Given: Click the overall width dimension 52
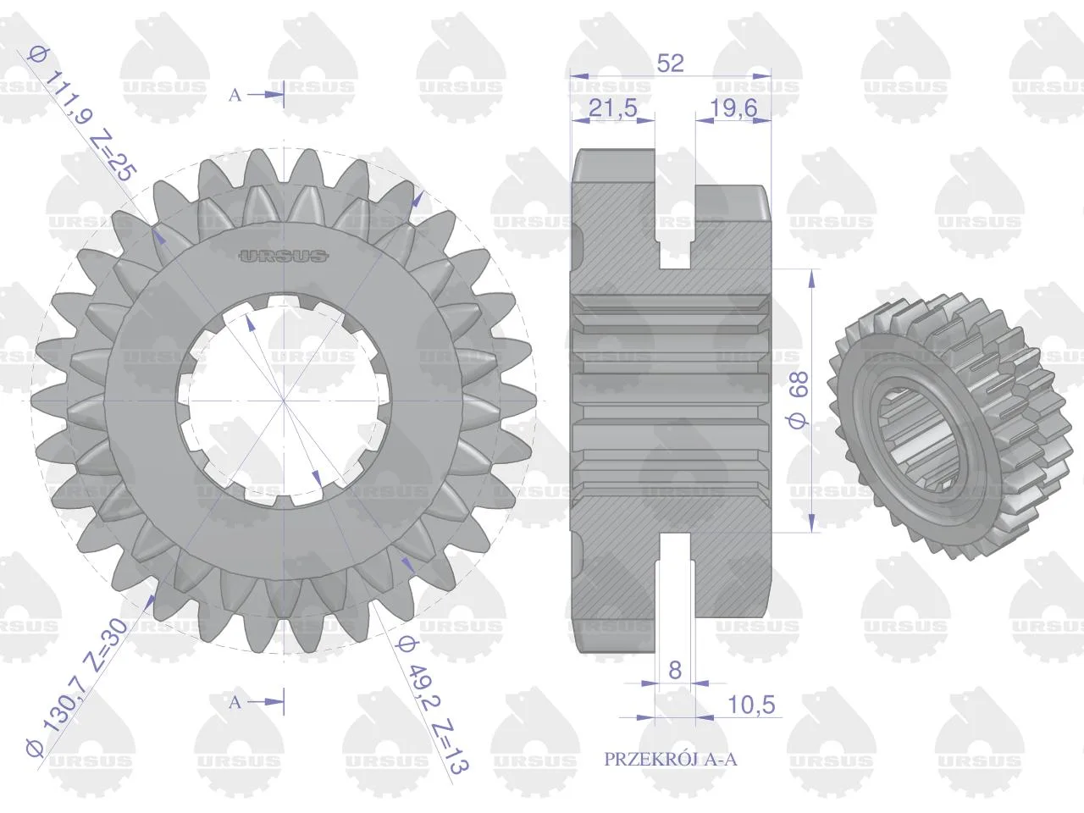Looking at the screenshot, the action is (x=671, y=64).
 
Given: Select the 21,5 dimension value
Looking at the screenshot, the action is (x=613, y=108).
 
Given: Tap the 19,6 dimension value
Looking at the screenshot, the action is (x=733, y=108).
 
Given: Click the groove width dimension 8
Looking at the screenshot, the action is (x=675, y=670).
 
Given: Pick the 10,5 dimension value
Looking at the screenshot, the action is (x=752, y=705).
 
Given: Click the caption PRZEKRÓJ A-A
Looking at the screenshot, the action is (x=670, y=759).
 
